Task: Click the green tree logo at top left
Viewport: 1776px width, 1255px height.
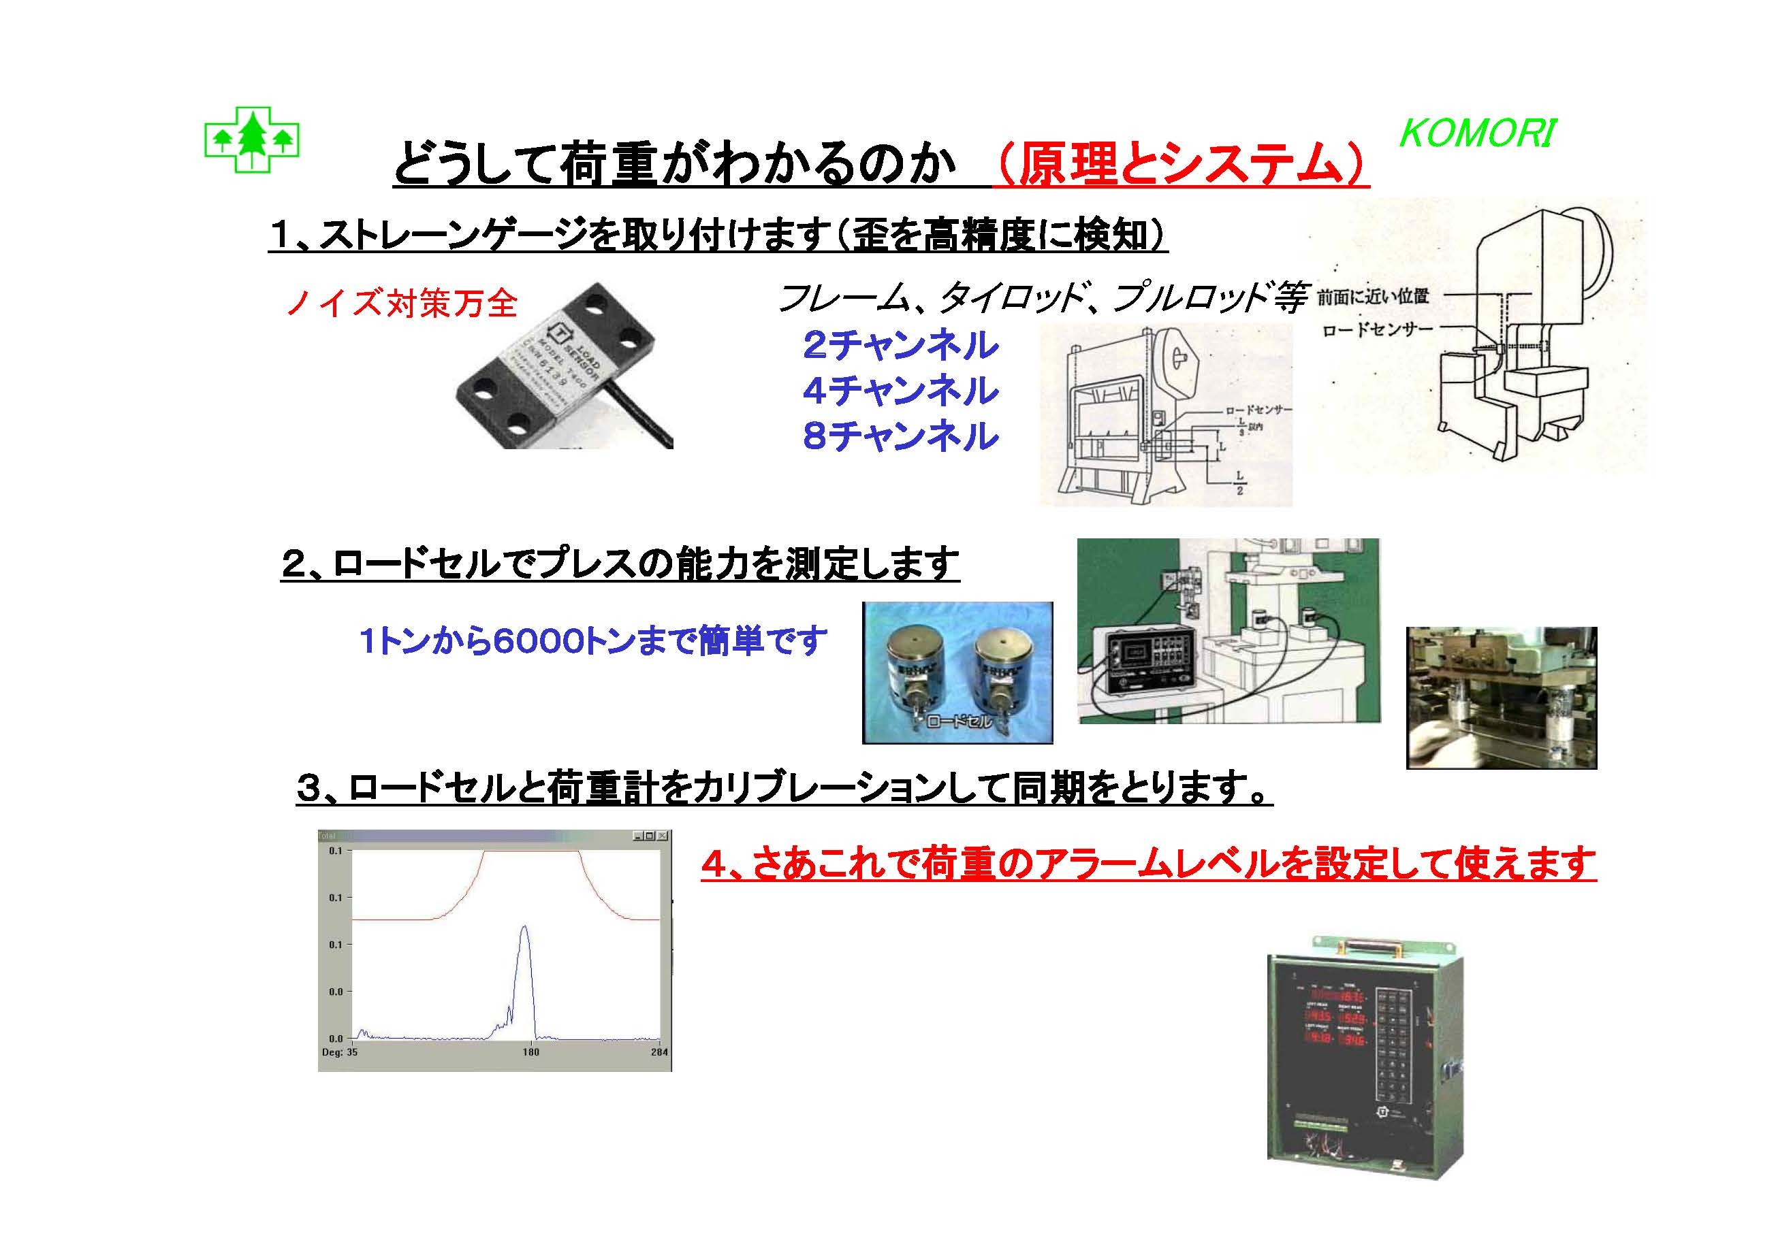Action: click(251, 140)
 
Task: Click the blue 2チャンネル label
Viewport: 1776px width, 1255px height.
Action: click(900, 345)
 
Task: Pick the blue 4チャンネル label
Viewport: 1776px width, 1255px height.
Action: click(900, 391)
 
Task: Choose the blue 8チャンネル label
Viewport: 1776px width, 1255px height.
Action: click(900, 436)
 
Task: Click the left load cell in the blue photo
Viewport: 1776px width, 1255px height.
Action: click(918, 670)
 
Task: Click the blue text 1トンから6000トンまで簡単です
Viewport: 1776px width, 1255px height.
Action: click(592, 641)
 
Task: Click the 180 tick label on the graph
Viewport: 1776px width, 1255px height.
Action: click(530, 1052)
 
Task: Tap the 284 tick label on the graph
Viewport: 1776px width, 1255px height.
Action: click(659, 1052)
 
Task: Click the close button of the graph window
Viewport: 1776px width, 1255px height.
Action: click(662, 836)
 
